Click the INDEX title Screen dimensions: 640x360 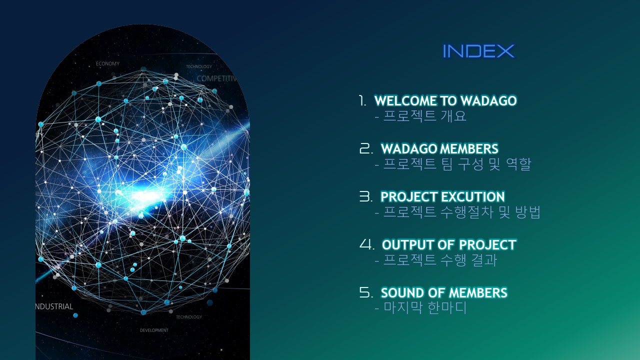478,51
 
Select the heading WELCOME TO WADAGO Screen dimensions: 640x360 445,100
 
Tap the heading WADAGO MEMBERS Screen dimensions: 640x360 439,148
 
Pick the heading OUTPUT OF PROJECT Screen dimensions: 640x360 449,244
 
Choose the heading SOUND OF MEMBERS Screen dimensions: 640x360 444,292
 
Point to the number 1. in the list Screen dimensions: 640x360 362,100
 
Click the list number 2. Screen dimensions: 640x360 366,148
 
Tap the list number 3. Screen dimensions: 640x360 366,196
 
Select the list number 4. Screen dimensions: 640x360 367,244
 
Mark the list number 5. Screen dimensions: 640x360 366,292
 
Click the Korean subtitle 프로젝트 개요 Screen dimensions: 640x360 424,116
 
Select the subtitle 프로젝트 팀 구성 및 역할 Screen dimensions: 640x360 457,164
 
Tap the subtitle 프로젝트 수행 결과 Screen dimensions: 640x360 440,260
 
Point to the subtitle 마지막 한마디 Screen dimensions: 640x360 425,308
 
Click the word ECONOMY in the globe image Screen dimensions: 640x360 107,63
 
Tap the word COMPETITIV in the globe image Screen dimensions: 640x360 216,78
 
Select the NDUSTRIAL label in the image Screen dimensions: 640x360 54,306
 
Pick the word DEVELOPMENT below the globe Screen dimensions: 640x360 154,330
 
